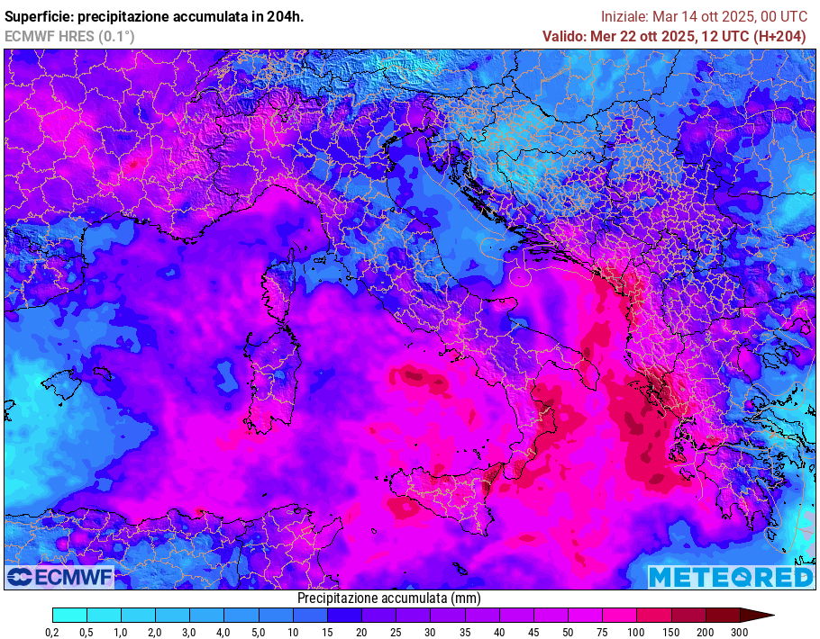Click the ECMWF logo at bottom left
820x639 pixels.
59,576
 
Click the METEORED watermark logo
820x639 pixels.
731,577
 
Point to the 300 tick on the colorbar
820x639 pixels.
739,633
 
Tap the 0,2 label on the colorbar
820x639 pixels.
52,633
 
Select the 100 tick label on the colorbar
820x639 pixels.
636,633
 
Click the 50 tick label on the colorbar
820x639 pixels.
568,633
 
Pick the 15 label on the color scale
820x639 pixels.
327,633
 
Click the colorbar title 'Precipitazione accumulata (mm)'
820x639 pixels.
388,598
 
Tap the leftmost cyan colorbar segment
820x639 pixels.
69,616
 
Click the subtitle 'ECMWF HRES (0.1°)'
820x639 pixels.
69,36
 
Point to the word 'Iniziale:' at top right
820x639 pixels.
624,16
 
